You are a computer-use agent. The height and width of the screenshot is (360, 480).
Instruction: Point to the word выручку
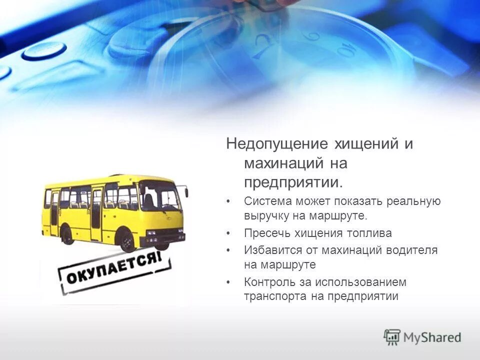(265, 216)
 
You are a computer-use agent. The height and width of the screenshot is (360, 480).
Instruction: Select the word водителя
(412, 250)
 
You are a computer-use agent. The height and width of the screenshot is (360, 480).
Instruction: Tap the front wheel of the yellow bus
(128, 242)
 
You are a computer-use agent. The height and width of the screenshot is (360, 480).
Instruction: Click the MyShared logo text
(432, 337)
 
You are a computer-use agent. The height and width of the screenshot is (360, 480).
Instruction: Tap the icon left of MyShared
(392, 337)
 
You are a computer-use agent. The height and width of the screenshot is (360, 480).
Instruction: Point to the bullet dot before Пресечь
(228, 233)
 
